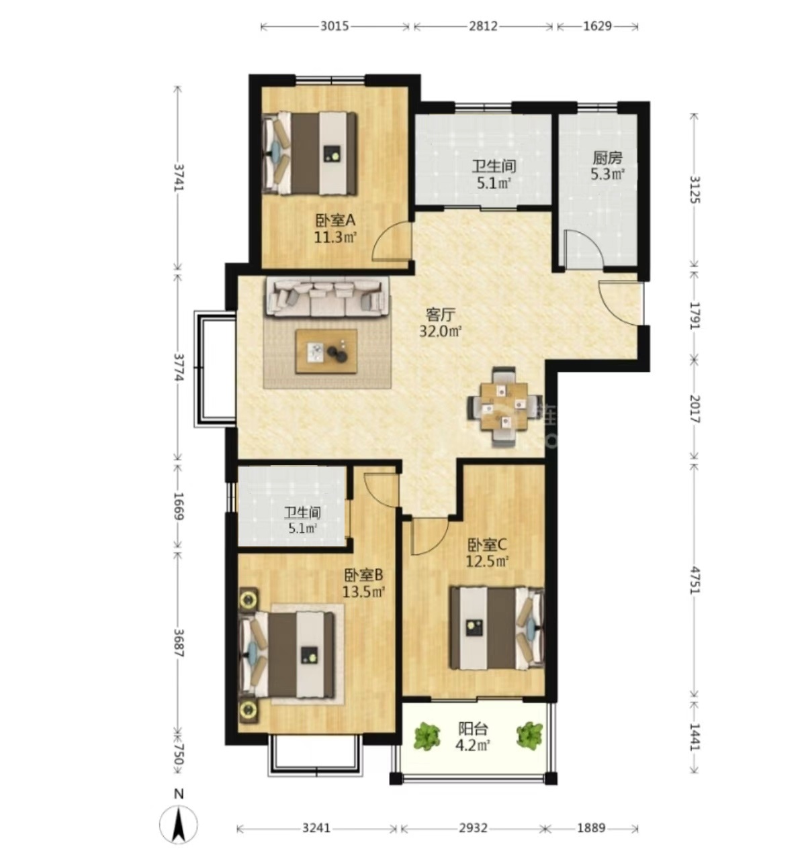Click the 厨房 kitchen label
[x=607, y=158]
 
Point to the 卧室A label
[x=335, y=220]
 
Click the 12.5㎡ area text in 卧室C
[x=487, y=562]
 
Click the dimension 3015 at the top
[x=334, y=26]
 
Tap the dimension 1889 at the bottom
[x=591, y=828]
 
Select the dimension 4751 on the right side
[x=695, y=580]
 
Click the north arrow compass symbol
[x=179, y=823]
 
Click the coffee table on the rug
[x=326, y=351]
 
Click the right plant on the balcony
[x=529, y=734]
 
